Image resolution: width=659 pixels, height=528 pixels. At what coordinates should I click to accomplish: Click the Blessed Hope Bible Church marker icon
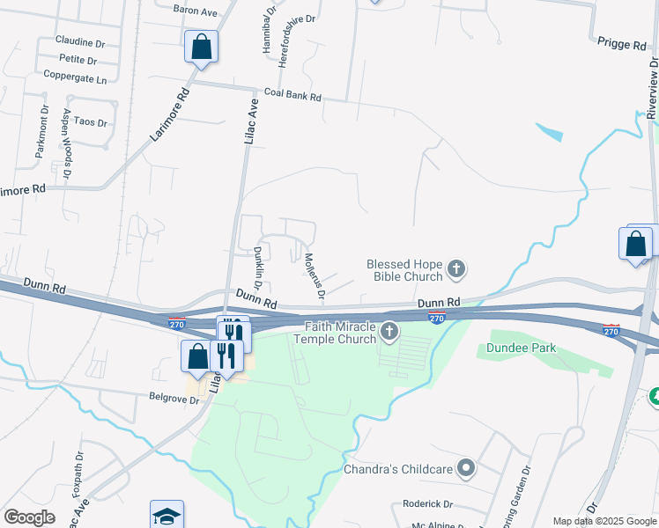click(x=455, y=268)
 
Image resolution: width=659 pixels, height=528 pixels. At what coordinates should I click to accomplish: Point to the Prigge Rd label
click(x=621, y=45)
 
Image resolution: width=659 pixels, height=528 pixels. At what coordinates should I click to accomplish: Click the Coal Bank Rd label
click(x=292, y=92)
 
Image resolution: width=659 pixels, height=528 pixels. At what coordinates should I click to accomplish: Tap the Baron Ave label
click(x=195, y=10)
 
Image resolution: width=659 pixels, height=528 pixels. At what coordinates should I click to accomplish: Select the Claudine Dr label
click(x=80, y=41)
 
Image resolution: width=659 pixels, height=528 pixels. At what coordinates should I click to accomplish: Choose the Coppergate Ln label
click(x=75, y=77)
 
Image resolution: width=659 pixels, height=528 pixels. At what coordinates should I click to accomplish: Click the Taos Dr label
click(x=91, y=121)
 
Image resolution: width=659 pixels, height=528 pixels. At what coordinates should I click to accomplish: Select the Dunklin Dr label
click(x=259, y=268)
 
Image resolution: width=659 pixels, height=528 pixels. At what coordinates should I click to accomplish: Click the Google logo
click(x=29, y=517)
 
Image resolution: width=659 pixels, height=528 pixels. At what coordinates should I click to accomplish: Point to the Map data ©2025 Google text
click(x=604, y=521)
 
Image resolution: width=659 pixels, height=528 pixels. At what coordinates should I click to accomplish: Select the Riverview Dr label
click(x=653, y=88)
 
